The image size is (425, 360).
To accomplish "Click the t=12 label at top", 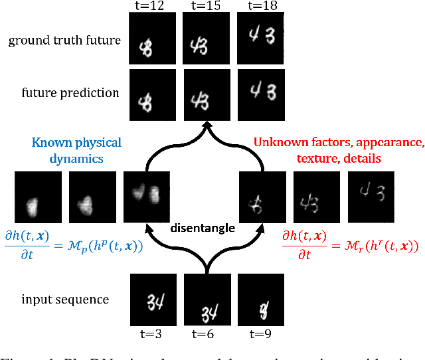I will pos(152,6).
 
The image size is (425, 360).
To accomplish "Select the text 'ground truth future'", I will pos(64,41).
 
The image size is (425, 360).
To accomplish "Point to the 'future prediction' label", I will pos(70,92).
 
